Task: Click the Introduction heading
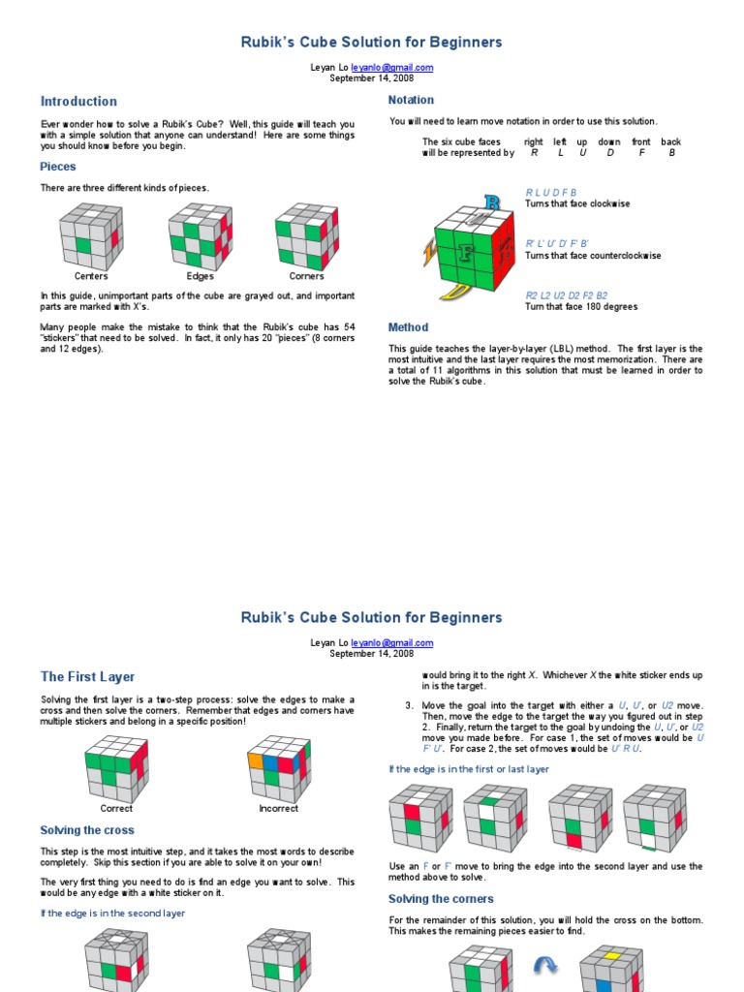[x=78, y=101]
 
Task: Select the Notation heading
[x=411, y=100]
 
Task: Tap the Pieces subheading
[x=58, y=167]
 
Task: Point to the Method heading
[x=408, y=327]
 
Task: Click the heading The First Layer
[x=87, y=676]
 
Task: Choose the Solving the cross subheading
[x=87, y=830]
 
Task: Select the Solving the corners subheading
[x=441, y=899]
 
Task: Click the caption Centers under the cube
[x=91, y=276]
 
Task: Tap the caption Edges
[x=200, y=276]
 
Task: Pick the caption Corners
[x=306, y=276]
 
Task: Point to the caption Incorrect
[x=278, y=808]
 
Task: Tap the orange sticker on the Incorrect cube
[x=257, y=761]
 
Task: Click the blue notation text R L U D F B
[x=550, y=193]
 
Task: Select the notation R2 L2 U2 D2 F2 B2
[x=566, y=295]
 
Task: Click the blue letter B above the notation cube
[x=492, y=203]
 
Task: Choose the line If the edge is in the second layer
[x=112, y=913]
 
